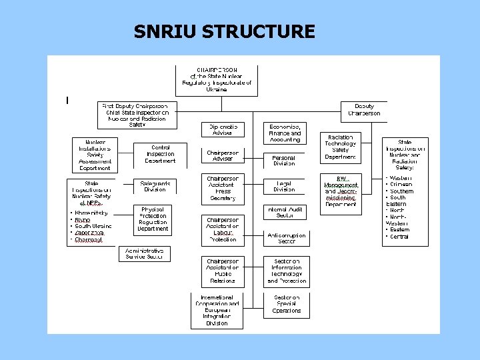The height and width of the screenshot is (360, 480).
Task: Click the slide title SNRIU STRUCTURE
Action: [224, 31]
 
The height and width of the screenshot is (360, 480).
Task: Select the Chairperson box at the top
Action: [217, 79]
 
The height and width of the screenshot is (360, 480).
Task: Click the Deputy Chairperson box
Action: [364, 110]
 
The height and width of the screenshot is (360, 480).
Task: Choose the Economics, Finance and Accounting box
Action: [285, 133]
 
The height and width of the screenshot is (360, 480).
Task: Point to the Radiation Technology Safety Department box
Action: [341, 147]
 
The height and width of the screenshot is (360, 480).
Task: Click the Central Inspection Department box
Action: [160, 154]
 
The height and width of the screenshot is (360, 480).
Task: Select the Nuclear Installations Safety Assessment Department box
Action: [95, 155]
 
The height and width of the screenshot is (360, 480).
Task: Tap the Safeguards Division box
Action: [155, 186]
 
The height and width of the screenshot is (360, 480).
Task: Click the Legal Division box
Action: [284, 186]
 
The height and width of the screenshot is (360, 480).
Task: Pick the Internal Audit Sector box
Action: [285, 212]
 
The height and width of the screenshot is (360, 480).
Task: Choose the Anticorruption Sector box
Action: [287, 238]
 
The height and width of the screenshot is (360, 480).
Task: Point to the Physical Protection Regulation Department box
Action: [153, 219]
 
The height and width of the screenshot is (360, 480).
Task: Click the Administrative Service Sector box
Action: [144, 253]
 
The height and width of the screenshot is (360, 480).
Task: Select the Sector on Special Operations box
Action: [287, 304]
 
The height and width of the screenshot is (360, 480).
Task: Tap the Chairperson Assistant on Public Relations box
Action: [223, 271]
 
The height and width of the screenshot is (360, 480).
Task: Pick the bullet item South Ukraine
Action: [93, 226]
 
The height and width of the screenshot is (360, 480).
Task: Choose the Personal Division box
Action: [284, 160]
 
